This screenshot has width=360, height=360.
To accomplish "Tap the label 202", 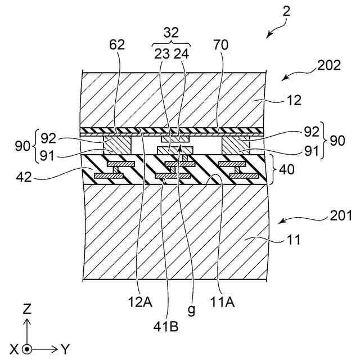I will coord(328,65).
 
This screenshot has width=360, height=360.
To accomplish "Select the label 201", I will coord(341,215).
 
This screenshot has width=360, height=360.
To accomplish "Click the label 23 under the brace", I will coord(162,55).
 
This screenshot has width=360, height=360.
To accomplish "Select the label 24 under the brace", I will coord(182,55).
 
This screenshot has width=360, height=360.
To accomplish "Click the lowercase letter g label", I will coord(192,309).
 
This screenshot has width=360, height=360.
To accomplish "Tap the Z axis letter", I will coord(27,309).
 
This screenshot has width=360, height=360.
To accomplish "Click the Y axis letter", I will coord(65,350).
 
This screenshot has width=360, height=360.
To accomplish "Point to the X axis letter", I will coord(13,350).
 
